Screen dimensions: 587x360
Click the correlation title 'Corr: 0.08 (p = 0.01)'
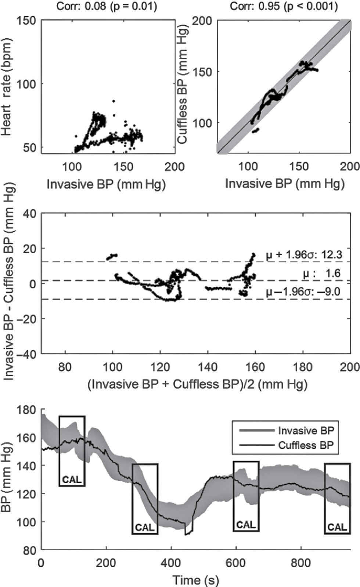(x=107, y=6)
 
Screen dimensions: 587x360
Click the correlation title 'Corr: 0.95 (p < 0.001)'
(x=284, y=6)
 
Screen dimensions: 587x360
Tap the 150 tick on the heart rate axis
(x=28, y=21)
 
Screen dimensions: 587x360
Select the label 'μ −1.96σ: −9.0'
(x=303, y=292)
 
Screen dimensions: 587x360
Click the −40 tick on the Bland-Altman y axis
(x=28, y=354)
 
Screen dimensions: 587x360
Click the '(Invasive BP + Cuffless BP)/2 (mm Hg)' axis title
(x=197, y=384)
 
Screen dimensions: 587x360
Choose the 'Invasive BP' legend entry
(x=306, y=430)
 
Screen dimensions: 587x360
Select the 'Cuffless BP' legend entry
(x=306, y=445)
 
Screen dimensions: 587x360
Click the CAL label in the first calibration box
(x=72, y=480)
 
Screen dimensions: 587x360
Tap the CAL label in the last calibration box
(x=337, y=527)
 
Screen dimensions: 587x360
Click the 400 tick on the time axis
(x=171, y=562)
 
